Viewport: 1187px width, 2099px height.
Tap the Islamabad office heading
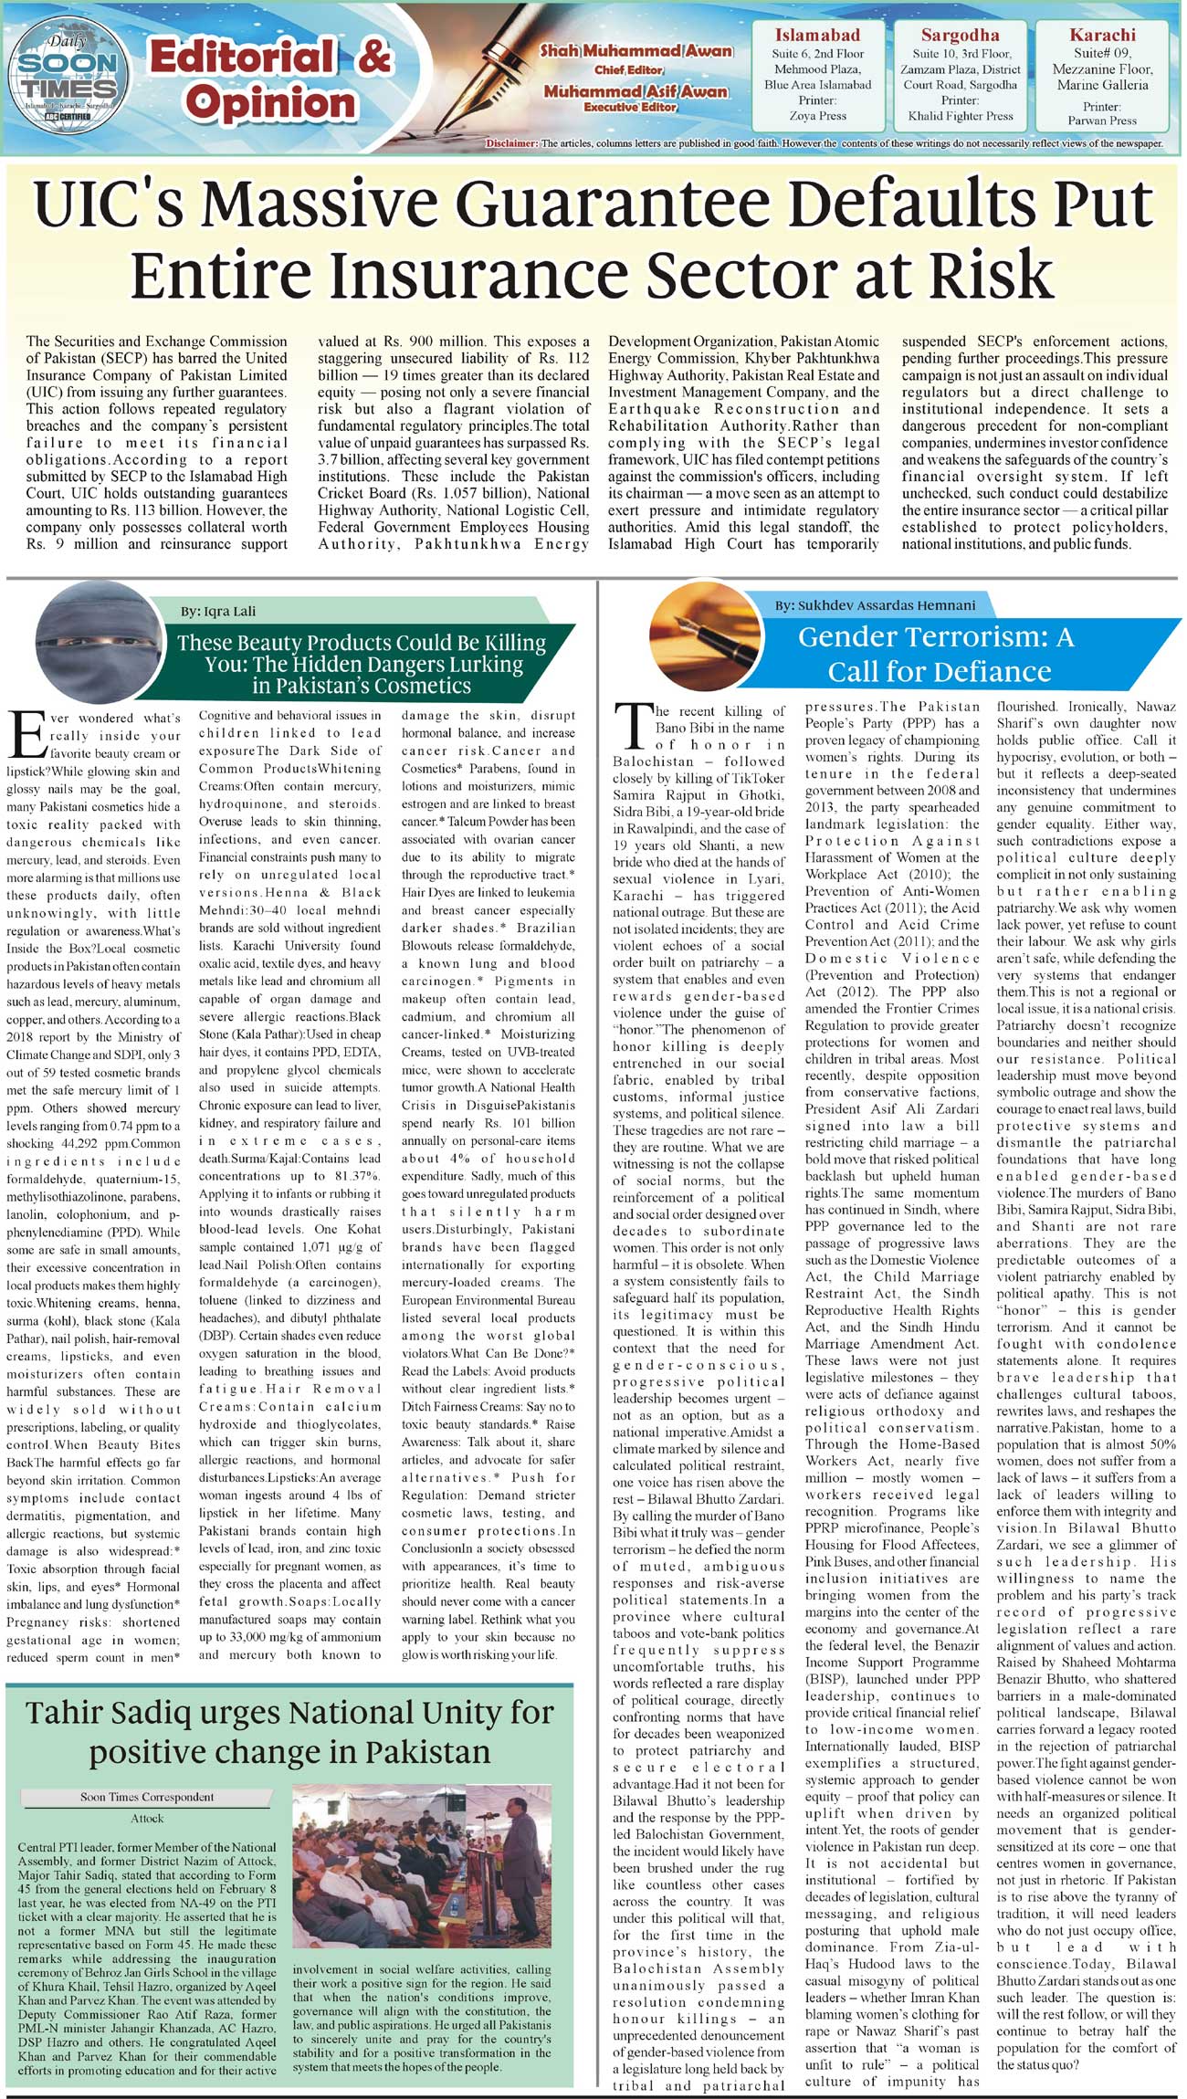[x=817, y=36]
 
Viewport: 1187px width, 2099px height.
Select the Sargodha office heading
[x=960, y=36]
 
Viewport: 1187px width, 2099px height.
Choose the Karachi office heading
[x=1102, y=36]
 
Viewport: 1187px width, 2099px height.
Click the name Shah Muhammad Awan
[x=636, y=51]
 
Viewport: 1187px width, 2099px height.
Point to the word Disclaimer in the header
[x=512, y=144]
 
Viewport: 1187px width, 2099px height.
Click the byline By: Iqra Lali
[x=218, y=611]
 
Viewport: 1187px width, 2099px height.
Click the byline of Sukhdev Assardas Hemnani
[x=875, y=604]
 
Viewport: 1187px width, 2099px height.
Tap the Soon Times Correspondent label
[x=146, y=1797]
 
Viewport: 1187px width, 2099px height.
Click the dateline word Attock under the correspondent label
[x=147, y=1817]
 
